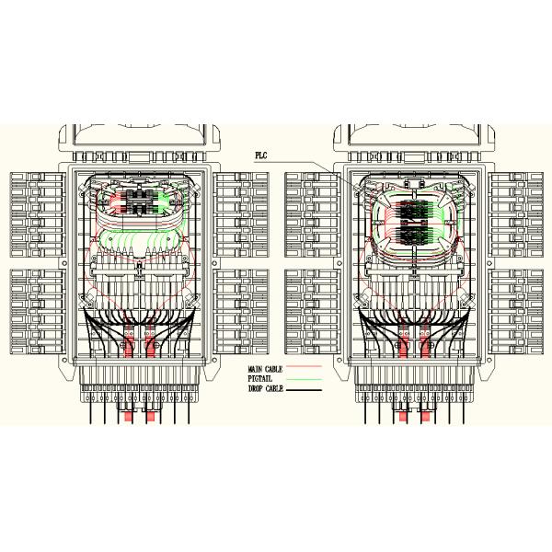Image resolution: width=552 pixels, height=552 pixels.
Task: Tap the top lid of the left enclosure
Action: click(137, 144)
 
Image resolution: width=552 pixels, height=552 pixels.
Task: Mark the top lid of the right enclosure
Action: click(413, 144)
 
